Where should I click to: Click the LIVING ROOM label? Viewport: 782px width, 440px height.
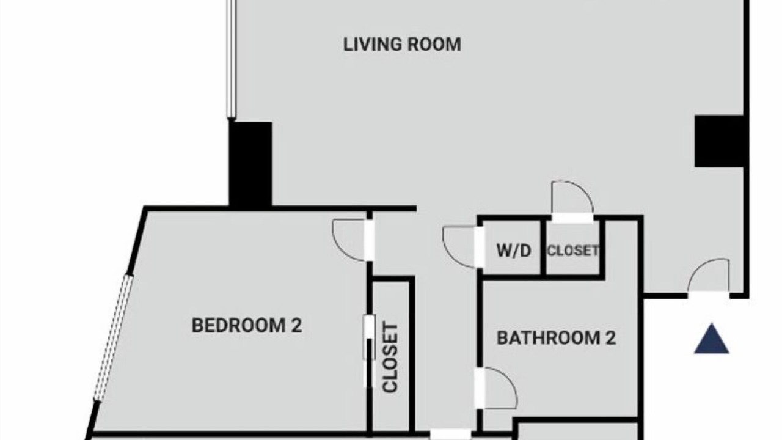point(402,45)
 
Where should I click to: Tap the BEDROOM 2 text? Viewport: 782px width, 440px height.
point(247,325)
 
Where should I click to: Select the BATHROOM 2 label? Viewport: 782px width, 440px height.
point(556,338)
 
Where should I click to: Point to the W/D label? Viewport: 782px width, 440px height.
point(514,251)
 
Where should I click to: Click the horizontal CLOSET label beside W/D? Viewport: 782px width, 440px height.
point(573,251)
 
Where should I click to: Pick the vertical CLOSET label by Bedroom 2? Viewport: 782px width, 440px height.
point(390,358)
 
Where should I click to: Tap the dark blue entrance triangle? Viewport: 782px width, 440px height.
point(712,339)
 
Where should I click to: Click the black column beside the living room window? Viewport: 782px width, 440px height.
point(250,164)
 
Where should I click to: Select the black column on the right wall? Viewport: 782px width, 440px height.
point(719,141)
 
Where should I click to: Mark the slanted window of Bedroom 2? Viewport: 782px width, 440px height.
point(114,338)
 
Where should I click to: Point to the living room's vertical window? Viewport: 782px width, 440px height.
point(231,59)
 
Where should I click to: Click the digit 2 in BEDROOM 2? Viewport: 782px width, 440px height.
point(296,325)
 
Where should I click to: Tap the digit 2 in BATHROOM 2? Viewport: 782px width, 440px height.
point(610,338)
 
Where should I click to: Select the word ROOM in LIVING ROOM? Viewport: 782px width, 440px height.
point(434,45)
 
